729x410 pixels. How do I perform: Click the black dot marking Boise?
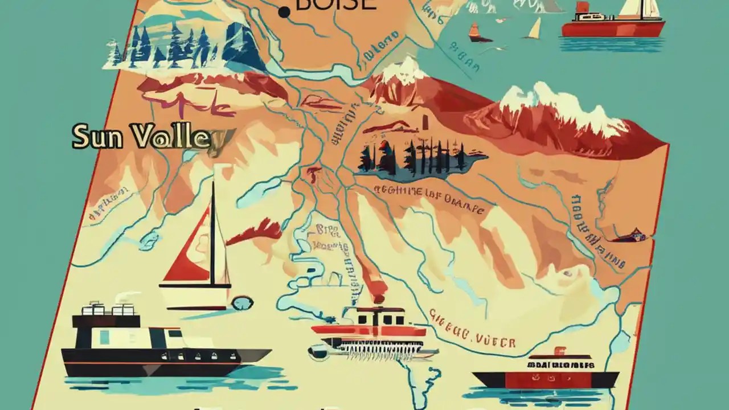(282, 12)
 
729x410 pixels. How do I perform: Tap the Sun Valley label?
(145, 137)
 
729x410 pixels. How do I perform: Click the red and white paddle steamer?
(370, 333)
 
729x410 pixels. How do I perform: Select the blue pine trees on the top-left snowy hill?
(171, 46)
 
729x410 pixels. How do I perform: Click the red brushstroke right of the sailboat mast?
(256, 231)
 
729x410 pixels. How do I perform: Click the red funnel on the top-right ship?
(581, 7)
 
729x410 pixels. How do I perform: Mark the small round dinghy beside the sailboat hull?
(242, 302)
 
